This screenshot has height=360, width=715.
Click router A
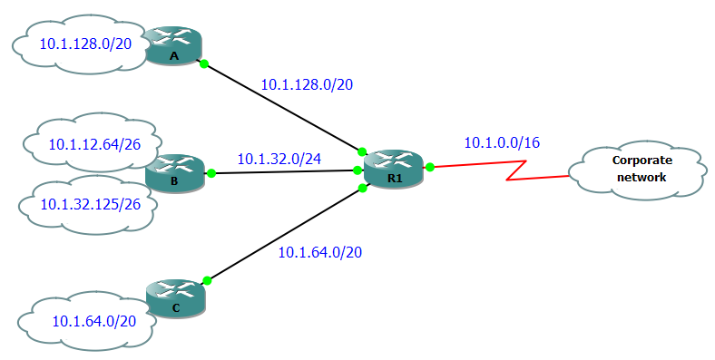[174, 46]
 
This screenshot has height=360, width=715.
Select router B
[174, 171]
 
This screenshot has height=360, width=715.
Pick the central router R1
[393, 168]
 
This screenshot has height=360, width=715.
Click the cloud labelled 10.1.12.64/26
[91, 142]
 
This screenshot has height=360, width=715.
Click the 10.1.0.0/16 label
[502, 142]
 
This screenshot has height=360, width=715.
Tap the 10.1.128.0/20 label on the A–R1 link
[307, 84]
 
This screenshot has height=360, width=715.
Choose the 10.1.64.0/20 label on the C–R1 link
[319, 252]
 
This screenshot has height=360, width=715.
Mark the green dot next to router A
[204, 63]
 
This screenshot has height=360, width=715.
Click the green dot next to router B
[210, 172]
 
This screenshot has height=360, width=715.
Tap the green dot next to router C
[207, 280]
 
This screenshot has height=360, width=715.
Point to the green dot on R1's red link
[430, 167]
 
